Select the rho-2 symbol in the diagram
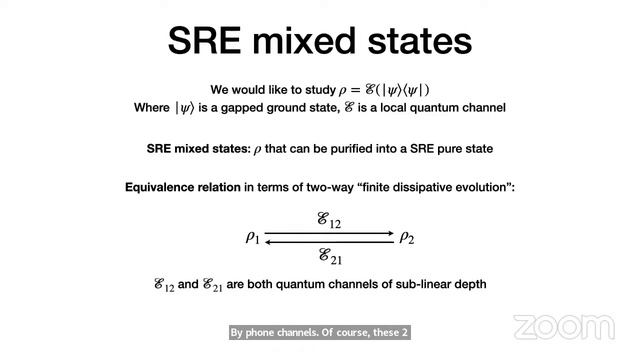click(x=406, y=237)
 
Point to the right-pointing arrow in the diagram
click(x=330, y=234)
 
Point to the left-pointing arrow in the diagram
click(x=330, y=242)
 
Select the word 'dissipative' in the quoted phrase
click(x=407, y=187)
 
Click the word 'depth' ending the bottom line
click(x=466, y=284)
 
